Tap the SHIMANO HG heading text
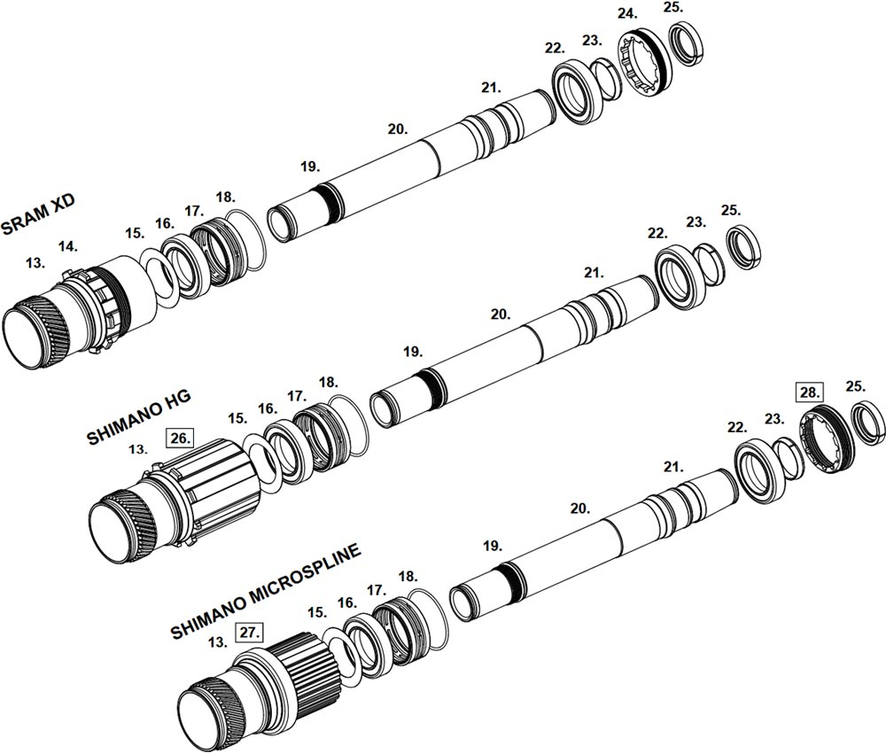[139, 416]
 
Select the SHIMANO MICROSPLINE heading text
[265, 592]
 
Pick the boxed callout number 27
[249, 633]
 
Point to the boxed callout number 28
[809, 392]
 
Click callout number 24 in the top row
[626, 13]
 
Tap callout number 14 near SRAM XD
[68, 246]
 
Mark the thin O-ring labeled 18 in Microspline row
[428, 614]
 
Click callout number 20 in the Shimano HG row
[500, 314]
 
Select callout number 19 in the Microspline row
[492, 546]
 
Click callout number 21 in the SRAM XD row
[491, 88]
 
